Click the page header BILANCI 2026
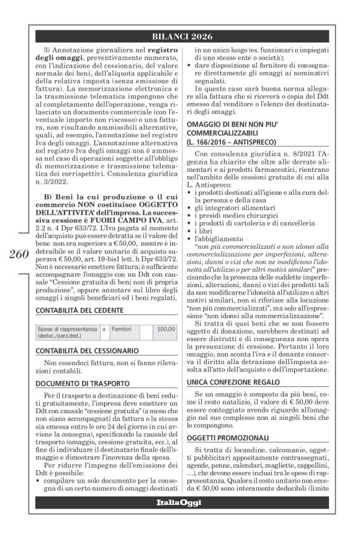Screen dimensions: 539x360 [x=180, y=35]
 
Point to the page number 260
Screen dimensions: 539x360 [x=18, y=255]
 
